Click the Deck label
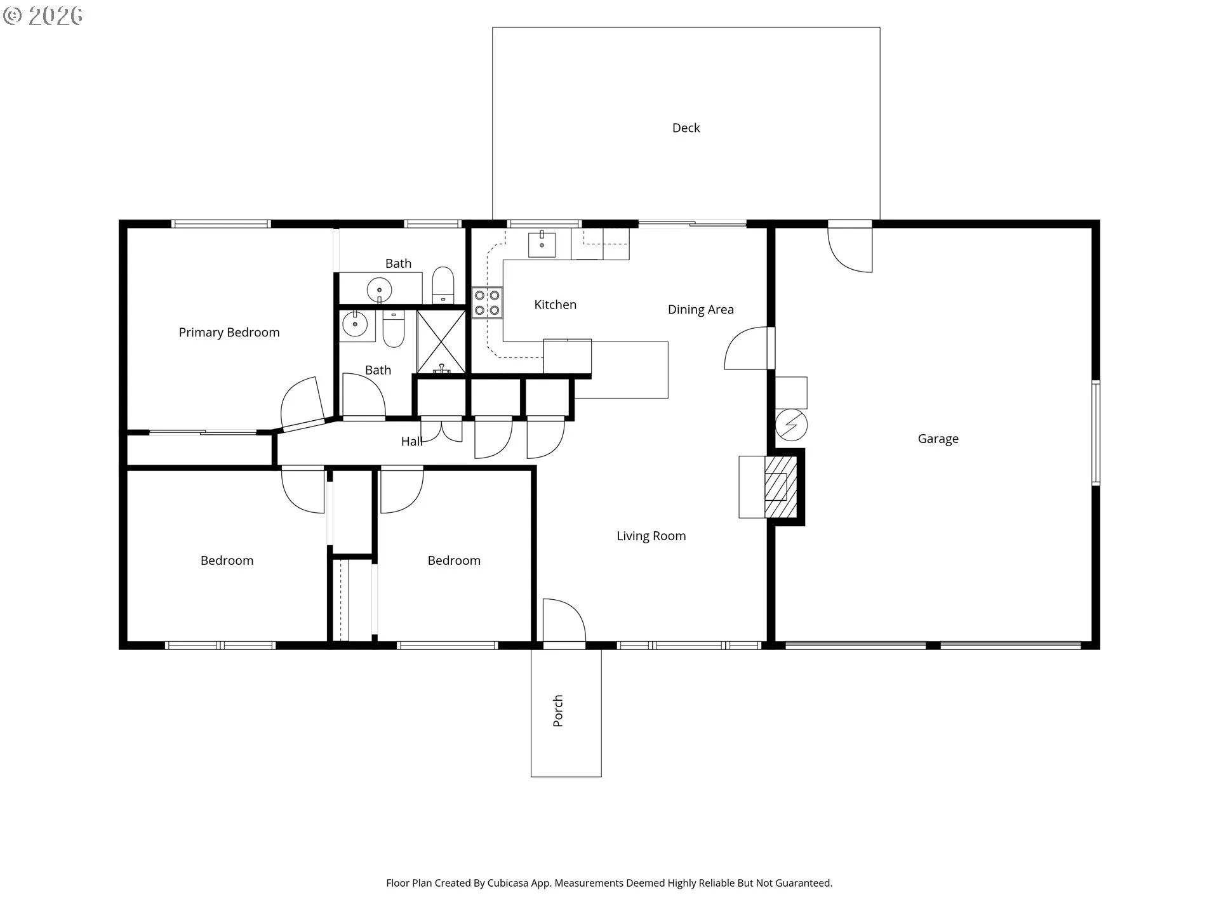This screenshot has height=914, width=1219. pyautogui.click(x=686, y=128)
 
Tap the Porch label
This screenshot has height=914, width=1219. pyautogui.click(x=558, y=711)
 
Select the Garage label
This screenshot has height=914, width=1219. pyautogui.click(x=938, y=439)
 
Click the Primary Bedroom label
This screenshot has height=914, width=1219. pyautogui.click(x=229, y=333)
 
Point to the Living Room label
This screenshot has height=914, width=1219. pyautogui.click(x=651, y=536)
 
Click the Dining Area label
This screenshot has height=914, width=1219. pyautogui.click(x=701, y=310)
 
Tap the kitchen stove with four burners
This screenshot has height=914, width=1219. pyautogui.click(x=487, y=303)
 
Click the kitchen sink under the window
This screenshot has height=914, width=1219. pyautogui.click(x=542, y=245)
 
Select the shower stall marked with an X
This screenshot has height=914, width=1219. pyautogui.click(x=441, y=342)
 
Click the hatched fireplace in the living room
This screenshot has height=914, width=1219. pyautogui.click(x=780, y=487)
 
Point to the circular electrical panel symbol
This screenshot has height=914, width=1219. pyautogui.click(x=792, y=425)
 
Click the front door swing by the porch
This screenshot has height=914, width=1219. pyautogui.click(x=564, y=620)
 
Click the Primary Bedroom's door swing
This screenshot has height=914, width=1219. pyautogui.click(x=302, y=404)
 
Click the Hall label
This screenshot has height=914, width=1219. pyautogui.click(x=411, y=442)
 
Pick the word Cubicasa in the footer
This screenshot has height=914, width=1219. pyautogui.click(x=508, y=883)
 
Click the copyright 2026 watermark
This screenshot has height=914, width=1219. pyautogui.click(x=43, y=16)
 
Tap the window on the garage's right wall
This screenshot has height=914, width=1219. pyautogui.click(x=1096, y=433)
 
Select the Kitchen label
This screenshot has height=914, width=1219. pyautogui.click(x=556, y=305)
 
